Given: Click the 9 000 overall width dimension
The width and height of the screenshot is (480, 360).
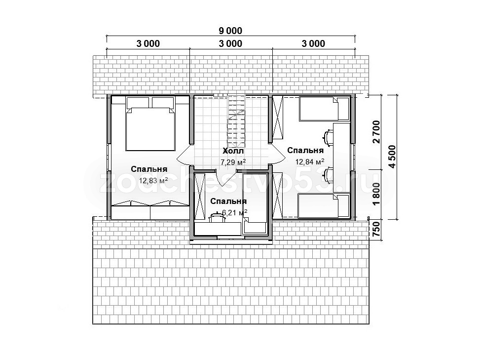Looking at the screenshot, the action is pyautogui.click(x=230, y=31).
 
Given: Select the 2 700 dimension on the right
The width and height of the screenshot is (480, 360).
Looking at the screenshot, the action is pyautogui.click(x=376, y=132).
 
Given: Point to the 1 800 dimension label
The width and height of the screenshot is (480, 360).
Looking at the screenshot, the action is pyautogui.click(x=376, y=194).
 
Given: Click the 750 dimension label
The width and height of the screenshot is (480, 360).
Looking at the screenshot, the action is pyautogui.click(x=376, y=230).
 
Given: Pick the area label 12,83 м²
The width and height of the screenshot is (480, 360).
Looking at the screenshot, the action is pyautogui.click(x=153, y=180).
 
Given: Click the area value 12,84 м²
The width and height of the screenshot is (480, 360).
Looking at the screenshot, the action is pyautogui.click(x=309, y=161).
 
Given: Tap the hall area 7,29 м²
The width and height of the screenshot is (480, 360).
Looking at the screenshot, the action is pyautogui.click(x=233, y=162).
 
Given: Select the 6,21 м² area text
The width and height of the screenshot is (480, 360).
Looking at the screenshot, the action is pyautogui.click(x=234, y=212).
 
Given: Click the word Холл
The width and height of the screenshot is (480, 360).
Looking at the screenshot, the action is pyautogui.click(x=233, y=151).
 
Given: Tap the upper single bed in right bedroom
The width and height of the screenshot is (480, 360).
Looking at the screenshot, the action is pyautogui.click(x=324, y=109).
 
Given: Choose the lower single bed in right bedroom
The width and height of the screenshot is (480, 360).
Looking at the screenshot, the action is pyautogui.click(x=324, y=206).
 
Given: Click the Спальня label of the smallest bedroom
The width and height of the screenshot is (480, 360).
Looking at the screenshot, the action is pyautogui.click(x=228, y=201).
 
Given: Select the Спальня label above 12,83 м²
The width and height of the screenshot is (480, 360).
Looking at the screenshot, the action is pyautogui.click(x=149, y=169).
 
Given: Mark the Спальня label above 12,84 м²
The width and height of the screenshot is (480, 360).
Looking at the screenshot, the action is pyautogui.click(x=305, y=151).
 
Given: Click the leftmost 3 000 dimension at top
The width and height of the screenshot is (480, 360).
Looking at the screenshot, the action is pyautogui.click(x=148, y=43).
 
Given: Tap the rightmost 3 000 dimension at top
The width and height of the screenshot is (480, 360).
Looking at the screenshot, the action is pyautogui.click(x=313, y=43).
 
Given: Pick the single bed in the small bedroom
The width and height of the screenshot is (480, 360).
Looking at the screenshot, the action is pyautogui.click(x=255, y=204).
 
